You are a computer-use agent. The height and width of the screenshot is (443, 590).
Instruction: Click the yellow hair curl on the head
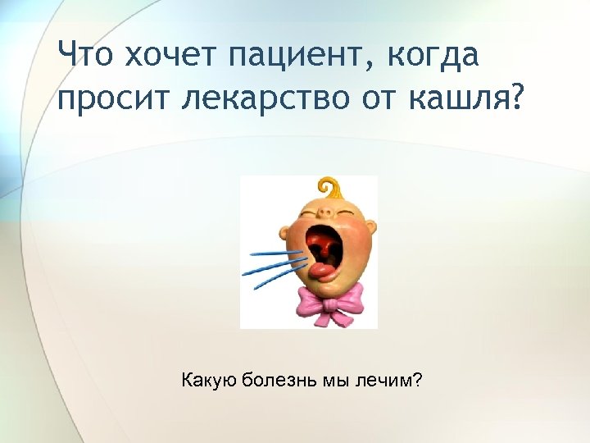329,186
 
